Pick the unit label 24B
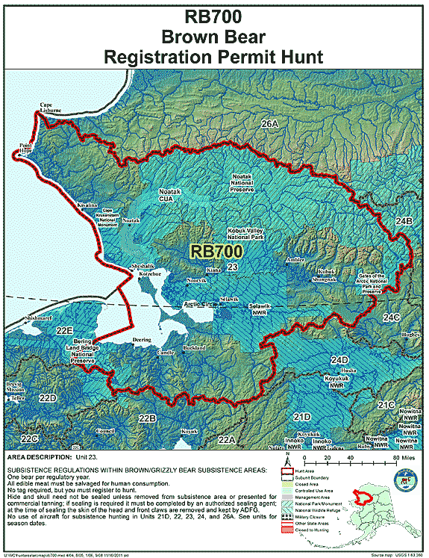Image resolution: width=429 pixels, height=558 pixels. (404, 221)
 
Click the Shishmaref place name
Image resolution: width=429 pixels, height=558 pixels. (43, 317)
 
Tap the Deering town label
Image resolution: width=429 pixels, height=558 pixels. (142, 339)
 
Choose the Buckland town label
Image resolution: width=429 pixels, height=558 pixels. (194, 349)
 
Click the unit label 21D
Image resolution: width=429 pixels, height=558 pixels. (302, 415)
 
